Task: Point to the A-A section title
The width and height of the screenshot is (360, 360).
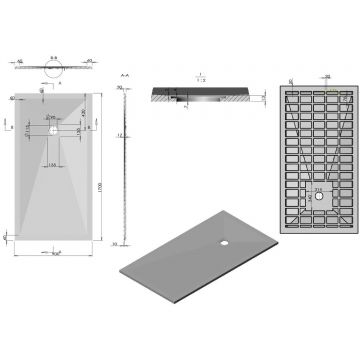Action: point(124,73)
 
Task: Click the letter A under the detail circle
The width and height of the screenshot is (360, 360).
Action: point(57,83)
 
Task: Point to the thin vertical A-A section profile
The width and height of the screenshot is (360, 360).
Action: point(126,165)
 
